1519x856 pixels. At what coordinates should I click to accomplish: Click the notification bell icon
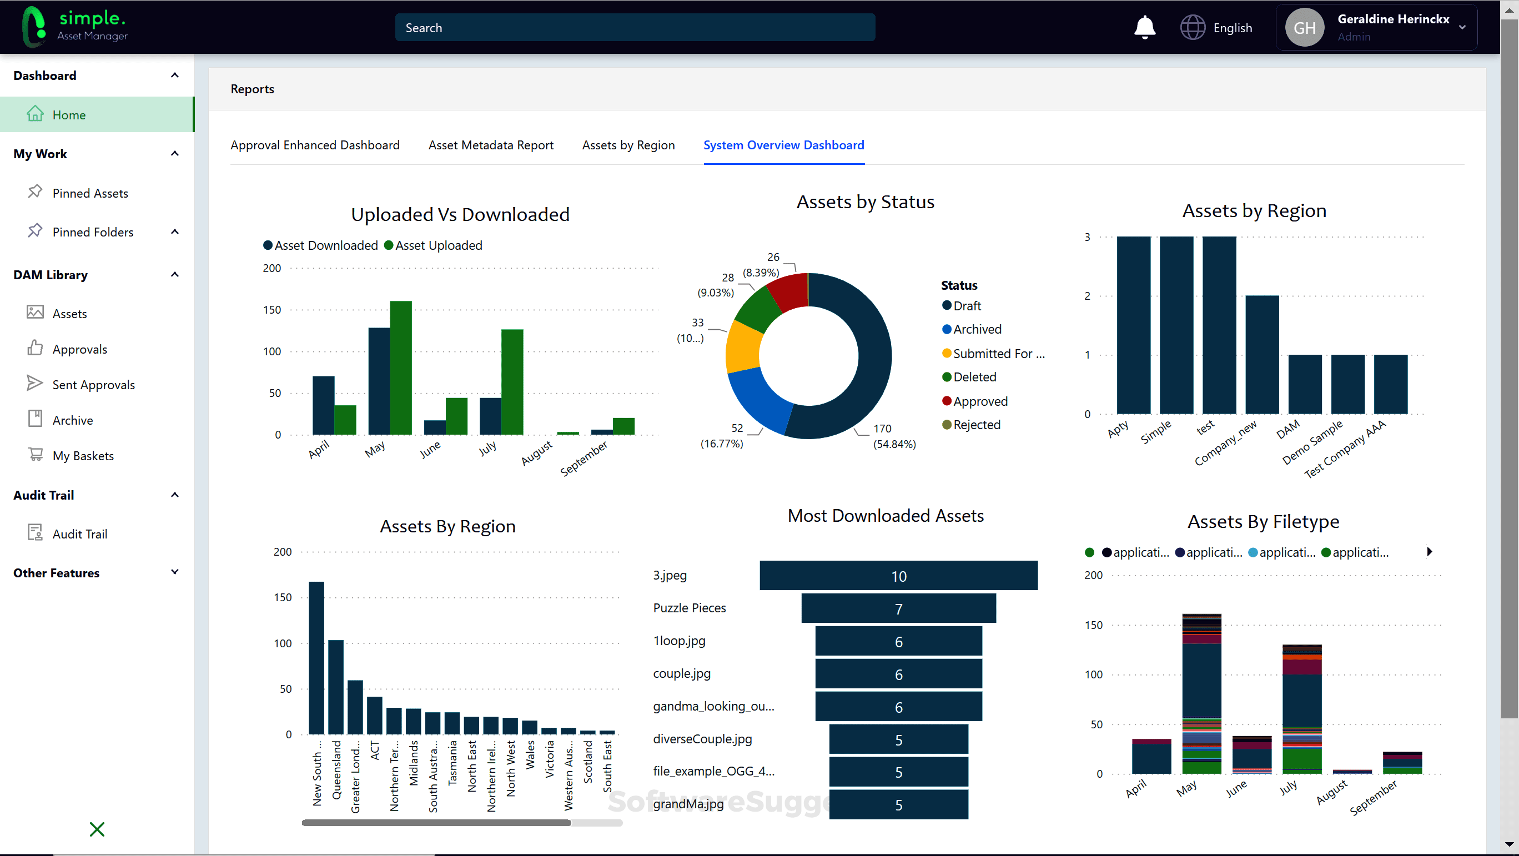(x=1145, y=27)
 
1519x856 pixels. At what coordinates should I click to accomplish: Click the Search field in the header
(x=635, y=28)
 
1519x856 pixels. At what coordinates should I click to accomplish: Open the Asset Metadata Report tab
(x=491, y=145)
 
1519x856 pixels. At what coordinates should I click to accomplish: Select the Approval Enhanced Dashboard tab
(x=315, y=145)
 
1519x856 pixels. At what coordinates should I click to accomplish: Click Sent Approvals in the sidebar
(x=93, y=384)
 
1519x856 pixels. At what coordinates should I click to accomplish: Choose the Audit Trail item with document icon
(x=79, y=533)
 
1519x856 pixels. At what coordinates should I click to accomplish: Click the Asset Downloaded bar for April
(x=323, y=405)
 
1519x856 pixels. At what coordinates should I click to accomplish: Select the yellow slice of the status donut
(x=743, y=346)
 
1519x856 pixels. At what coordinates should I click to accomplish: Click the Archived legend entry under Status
(x=977, y=329)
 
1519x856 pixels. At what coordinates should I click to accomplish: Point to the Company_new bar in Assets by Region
(x=1262, y=354)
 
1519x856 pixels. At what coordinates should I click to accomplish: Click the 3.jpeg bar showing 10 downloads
(x=898, y=575)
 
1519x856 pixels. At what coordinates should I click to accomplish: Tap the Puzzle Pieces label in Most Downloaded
(x=690, y=608)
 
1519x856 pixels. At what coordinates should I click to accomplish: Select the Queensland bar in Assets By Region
(x=335, y=686)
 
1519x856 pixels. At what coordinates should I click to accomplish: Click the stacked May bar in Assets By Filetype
(x=1201, y=693)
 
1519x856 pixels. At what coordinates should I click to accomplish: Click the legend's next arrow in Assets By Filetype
(x=1430, y=552)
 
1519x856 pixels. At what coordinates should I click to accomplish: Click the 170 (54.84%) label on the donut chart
(x=893, y=436)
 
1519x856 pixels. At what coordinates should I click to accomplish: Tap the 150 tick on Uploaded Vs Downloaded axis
(x=272, y=310)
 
